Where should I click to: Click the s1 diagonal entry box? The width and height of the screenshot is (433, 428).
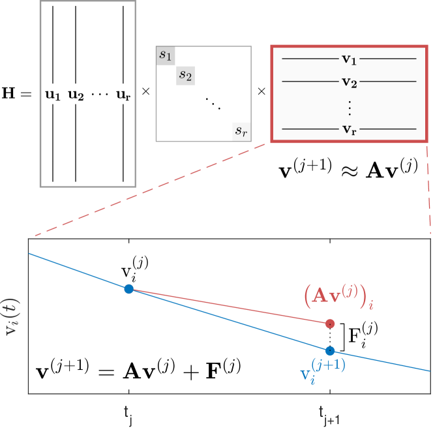coord(166,55)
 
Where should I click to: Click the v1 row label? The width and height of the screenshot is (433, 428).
coord(349,59)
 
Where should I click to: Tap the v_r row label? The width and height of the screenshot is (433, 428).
coord(349,129)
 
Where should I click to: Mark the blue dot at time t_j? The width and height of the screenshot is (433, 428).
coord(128,289)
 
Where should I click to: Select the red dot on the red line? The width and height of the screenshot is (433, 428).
coord(330,323)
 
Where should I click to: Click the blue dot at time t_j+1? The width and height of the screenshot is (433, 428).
coord(330,350)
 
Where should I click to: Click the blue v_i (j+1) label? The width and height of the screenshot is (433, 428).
coord(322,371)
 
